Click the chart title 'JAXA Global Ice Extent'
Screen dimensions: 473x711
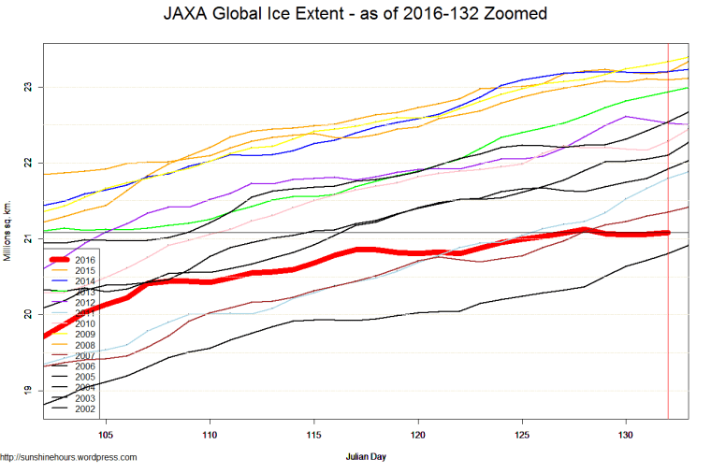tap(355, 15)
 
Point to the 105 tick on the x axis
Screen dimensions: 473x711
tap(105, 435)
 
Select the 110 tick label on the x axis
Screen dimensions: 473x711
tap(210, 435)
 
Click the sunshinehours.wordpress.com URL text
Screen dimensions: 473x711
tap(68, 457)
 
